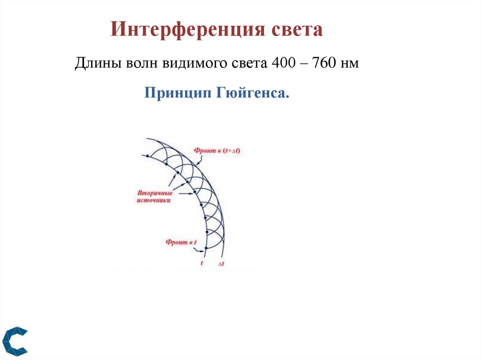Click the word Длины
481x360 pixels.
tap(97, 64)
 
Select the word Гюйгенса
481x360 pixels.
tap(252, 92)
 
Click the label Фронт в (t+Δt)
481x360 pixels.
tap(217, 151)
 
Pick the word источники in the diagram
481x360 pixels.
tap(154, 200)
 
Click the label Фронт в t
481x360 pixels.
tap(180, 242)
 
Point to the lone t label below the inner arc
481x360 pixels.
tap(202, 263)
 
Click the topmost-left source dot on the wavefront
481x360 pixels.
tap(147, 156)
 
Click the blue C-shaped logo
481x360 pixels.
tap(15, 340)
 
